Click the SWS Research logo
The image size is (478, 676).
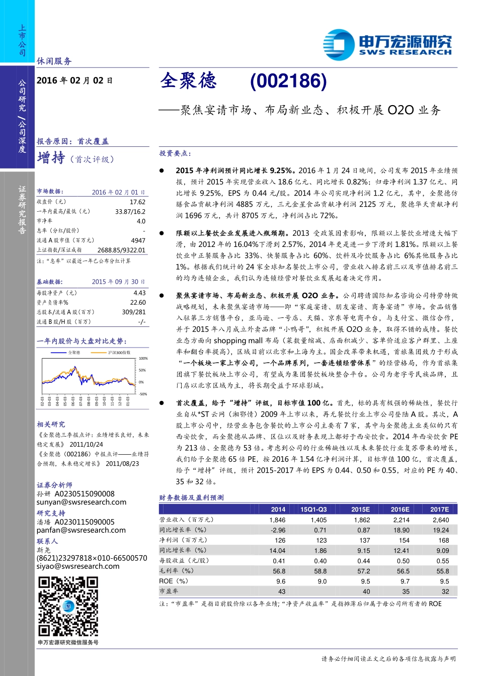[387, 44]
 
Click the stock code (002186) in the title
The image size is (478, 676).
[288, 81]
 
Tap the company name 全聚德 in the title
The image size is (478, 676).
[188, 81]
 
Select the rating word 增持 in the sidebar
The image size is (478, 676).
[51, 158]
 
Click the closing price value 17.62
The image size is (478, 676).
[137, 202]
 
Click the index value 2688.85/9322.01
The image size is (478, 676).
[121, 250]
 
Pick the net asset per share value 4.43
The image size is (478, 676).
[139, 293]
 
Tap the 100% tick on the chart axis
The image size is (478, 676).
[143, 359]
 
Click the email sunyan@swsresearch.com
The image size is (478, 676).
[82, 502]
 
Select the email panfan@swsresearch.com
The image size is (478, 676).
[81, 530]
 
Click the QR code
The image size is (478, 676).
[68, 607]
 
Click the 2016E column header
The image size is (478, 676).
[400, 509]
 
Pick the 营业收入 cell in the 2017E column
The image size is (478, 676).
[441, 520]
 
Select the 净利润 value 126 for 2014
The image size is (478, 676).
[280, 540]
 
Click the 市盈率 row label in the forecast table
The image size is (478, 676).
[169, 591]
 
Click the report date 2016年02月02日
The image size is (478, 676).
[74, 80]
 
